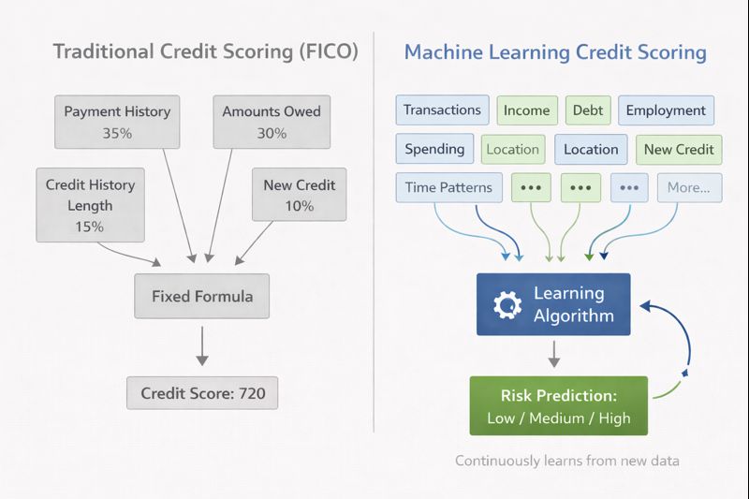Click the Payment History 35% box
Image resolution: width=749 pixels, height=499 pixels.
click(117, 122)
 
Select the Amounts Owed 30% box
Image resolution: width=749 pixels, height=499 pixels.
click(272, 122)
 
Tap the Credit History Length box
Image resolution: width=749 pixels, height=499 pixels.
click(90, 205)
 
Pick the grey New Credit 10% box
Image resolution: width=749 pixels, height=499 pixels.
click(300, 195)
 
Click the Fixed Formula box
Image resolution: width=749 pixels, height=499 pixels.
click(202, 297)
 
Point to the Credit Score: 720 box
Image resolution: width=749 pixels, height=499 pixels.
click(202, 394)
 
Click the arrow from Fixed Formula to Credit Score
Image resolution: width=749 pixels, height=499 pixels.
click(202, 346)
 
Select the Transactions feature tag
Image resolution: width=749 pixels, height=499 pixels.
click(442, 110)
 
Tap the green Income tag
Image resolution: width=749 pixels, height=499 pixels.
click(527, 110)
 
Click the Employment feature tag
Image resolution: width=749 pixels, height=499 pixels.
click(666, 110)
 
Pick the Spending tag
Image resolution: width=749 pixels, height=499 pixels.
click(434, 149)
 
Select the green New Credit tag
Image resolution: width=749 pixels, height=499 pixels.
click(679, 149)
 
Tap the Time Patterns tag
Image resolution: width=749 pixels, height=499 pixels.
click(448, 187)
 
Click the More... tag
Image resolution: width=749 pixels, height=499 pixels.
click(689, 187)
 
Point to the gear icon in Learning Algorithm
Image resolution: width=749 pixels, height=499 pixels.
click(507, 305)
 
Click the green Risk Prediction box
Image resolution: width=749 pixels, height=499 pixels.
click(559, 405)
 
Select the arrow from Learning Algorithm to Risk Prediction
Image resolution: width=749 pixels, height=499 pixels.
click(553, 354)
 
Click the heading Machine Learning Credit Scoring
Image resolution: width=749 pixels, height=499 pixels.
click(555, 51)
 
